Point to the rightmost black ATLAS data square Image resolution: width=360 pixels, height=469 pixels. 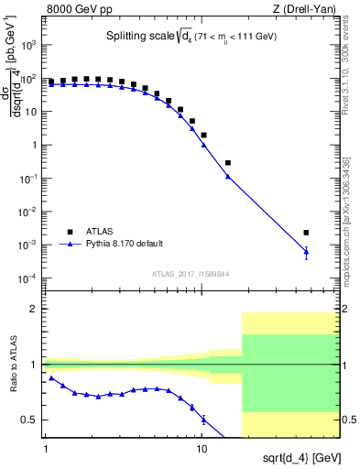(306, 233)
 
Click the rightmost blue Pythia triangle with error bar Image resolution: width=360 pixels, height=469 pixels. (306, 251)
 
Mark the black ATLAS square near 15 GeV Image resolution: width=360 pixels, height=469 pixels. (227, 163)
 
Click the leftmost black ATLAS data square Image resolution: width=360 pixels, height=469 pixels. (51, 82)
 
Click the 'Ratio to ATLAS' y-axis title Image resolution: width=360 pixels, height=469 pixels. (12, 366)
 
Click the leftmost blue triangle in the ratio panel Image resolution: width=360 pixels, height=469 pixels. (51, 377)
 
